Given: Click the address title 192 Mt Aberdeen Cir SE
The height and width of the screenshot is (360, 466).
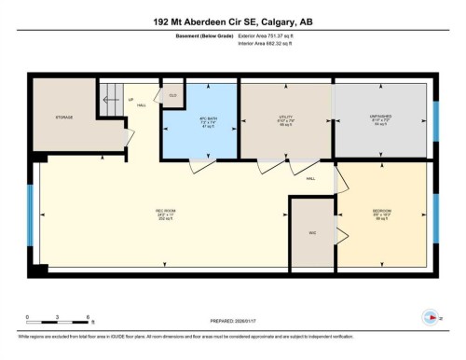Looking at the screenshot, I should click(233, 21).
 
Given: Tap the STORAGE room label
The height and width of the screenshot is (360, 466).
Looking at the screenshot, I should click(62, 117).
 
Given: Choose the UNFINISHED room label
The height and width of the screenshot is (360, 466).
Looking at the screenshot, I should click(382, 118).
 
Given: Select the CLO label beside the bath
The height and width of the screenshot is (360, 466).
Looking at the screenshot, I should click(172, 95).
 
